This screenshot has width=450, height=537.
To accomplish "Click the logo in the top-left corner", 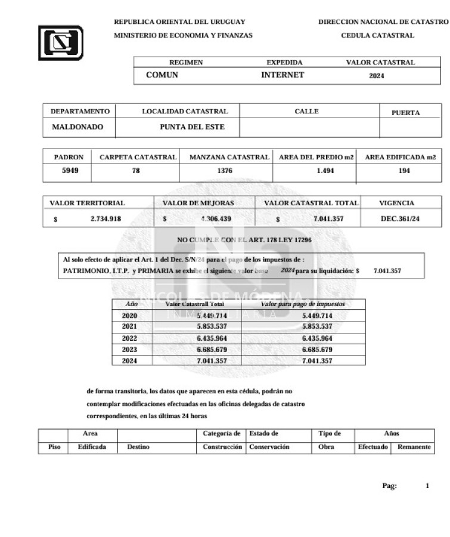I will (x=61, y=42).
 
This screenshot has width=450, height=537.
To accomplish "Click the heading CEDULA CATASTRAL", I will (x=377, y=36).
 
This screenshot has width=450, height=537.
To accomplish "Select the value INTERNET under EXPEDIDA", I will (x=283, y=75).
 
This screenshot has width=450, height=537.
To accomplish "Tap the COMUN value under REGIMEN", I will (x=162, y=75).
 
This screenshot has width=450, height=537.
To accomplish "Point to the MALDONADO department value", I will (x=77, y=127).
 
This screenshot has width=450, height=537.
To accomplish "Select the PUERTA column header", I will (x=405, y=113).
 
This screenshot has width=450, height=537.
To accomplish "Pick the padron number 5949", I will (x=70, y=171).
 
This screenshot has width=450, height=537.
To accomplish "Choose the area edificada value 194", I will (x=404, y=171).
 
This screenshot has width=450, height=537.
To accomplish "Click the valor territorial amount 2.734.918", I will (x=105, y=219).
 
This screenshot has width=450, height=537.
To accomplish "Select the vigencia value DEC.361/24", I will (x=400, y=219).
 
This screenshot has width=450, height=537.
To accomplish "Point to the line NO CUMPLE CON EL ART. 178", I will (x=244, y=240).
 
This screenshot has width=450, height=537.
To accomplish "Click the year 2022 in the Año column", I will (x=129, y=338).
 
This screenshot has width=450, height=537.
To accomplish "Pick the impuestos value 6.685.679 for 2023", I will (x=317, y=349).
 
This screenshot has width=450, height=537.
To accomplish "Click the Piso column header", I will (x=54, y=446).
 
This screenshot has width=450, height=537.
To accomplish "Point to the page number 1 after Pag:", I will (x=427, y=486).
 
